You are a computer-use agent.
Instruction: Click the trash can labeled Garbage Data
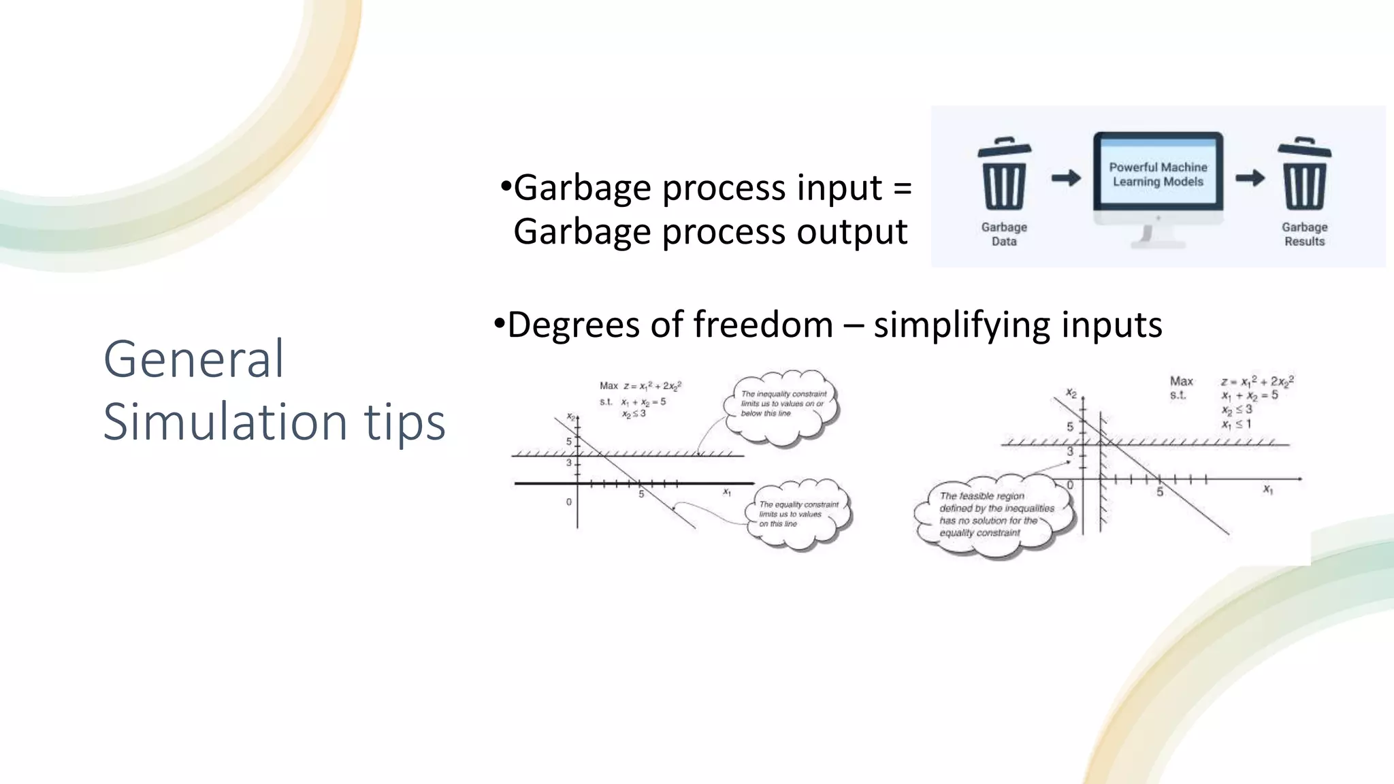coord(1004,176)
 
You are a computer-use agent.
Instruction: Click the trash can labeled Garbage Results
coord(1304,176)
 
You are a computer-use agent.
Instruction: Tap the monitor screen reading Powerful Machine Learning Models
coord(1158,174)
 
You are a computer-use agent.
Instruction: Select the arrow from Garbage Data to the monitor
coord(1066,178)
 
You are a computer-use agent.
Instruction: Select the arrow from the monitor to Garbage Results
coord(1250,178)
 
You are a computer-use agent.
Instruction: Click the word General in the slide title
coord(193,359)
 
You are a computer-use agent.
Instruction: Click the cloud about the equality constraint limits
coord(798,514)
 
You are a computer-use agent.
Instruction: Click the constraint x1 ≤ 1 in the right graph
coord(1236,424)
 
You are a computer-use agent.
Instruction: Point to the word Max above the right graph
coord(1181,381)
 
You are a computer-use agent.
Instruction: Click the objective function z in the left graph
coord(652,386)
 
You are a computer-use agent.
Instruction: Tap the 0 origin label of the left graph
coord(569,502)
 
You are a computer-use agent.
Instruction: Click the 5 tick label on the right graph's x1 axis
coord(1160,491)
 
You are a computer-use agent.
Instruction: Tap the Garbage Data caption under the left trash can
coord(1004,234)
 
